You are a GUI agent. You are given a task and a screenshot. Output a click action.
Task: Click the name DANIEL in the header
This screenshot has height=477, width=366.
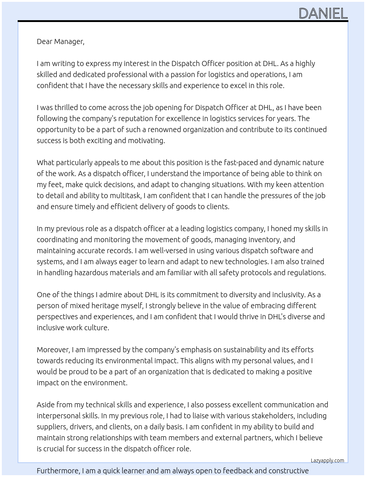click(x=323, y=14)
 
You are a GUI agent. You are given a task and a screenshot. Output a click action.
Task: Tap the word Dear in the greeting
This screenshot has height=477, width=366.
click(x=44, y=41)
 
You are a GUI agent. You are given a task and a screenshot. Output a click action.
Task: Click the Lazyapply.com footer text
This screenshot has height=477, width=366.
click(x=327, y=460)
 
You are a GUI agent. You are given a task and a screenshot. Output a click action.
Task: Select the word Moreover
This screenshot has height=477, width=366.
click(x=53, y=350)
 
